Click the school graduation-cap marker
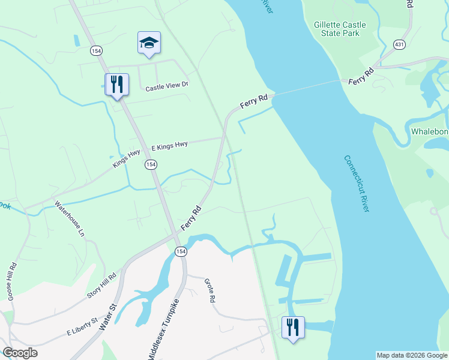[149, 43]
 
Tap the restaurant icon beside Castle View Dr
[117, 85]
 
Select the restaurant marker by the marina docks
[293, 328]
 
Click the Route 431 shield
[399, 44]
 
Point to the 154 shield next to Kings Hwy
[150, 164]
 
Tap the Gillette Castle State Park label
[336, 29]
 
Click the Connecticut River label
[357, 183]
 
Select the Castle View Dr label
[167, 86]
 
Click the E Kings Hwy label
[169, 145]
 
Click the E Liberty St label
[82, 327]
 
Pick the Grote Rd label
[209, 290]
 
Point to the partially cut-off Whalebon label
[429, 131]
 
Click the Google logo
[20, 353]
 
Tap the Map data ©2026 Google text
[412, 355]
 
